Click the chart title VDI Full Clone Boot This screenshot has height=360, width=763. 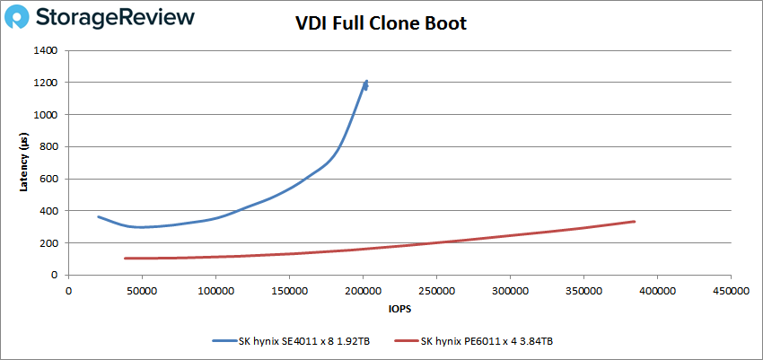381,23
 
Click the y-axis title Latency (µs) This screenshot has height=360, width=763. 24,162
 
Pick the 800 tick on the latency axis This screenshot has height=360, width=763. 48,147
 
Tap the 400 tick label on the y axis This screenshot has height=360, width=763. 48,211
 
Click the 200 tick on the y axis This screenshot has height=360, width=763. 48,243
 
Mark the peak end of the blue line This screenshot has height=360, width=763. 366,82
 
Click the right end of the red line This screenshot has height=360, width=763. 635,221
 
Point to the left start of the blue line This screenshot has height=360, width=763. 99,216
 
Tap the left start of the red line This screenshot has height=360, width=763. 125,259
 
